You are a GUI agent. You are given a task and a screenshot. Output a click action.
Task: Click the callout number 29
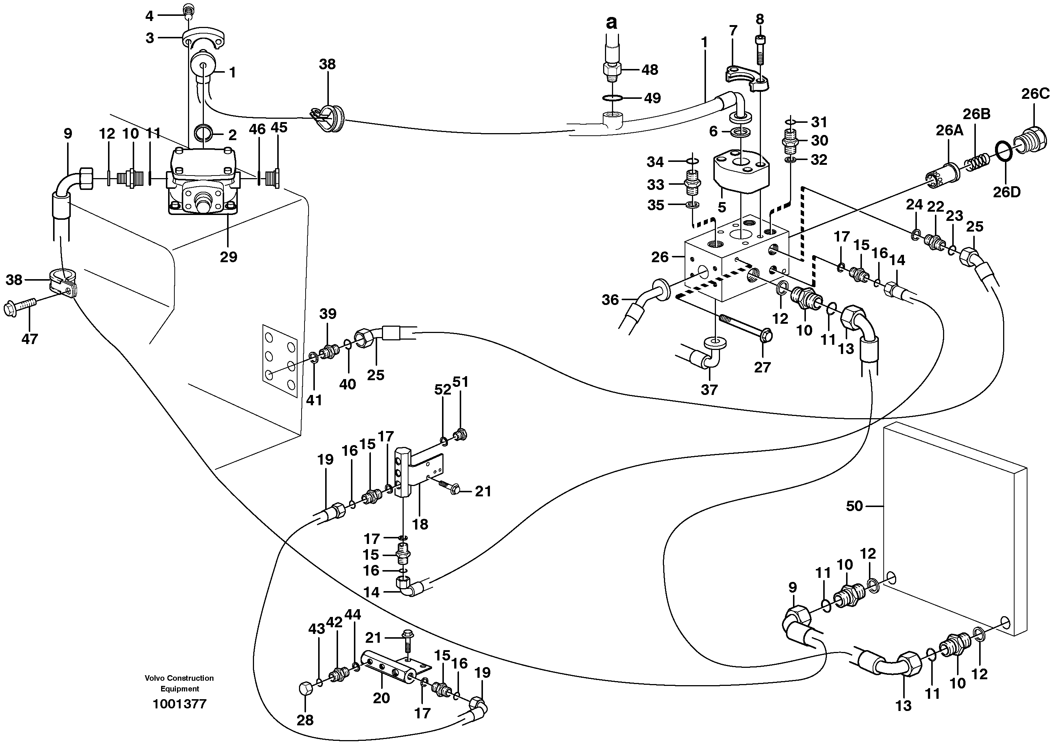click(228, 257)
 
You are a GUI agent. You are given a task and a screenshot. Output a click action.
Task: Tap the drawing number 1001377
click(180, 704)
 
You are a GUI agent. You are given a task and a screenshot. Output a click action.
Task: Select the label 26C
click(1035, 94)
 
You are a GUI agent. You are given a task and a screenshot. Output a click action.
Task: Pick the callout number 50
click(854, 506)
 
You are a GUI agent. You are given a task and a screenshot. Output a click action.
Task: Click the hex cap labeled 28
click(306, 690)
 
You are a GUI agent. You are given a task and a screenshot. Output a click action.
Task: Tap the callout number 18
click(420, 524)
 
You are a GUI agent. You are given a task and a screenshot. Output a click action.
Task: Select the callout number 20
click(381, 698)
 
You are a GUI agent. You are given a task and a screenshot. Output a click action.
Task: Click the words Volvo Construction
click(179, 678)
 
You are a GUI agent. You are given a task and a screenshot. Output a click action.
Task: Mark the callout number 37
click(709, 389)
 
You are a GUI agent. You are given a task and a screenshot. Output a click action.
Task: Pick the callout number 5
click(721, 207)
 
